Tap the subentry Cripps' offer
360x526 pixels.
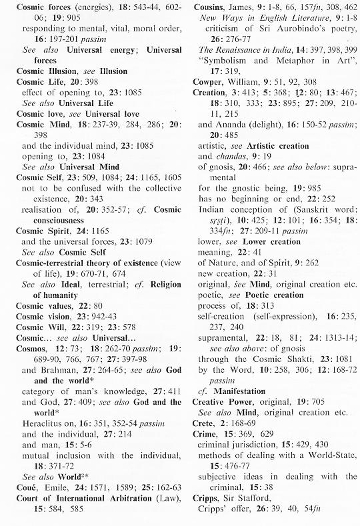coord(227,509)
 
